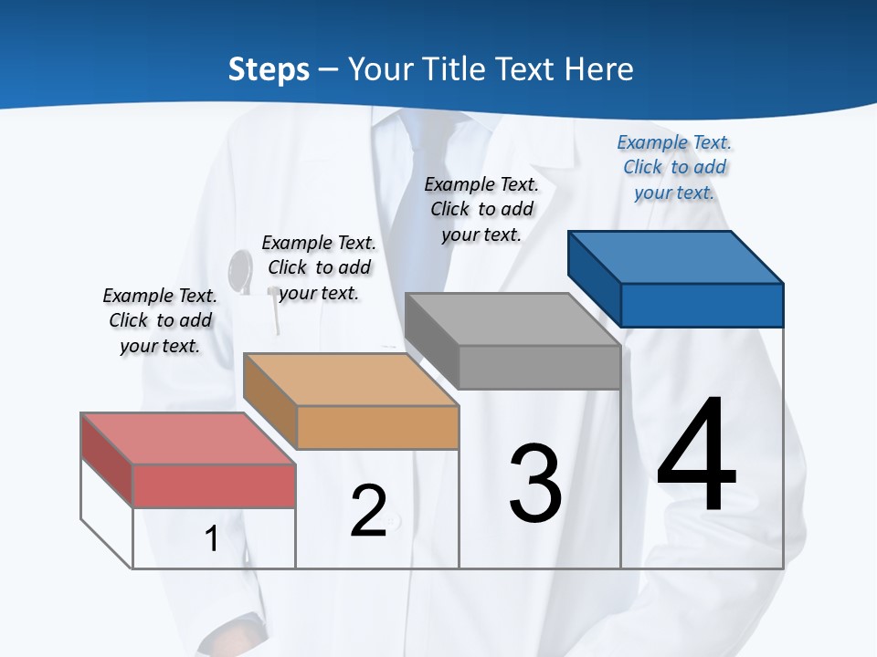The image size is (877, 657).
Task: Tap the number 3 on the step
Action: [x=535, y=483]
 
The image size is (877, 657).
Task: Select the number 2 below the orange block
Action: [x=369, y=511]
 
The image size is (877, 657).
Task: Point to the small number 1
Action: [x=212, y=539]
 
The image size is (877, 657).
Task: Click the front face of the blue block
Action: [x=702, y=305]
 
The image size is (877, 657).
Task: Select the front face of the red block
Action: [x=214, y=485]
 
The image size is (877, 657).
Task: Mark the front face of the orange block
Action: [x=377, y=427]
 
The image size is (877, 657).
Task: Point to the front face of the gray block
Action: [x=539, y=368]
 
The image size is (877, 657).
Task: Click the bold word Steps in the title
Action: [x=269, y=69]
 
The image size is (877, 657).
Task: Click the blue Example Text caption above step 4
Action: [x=674, y=167]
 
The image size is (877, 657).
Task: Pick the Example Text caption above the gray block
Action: [x=481, y=209]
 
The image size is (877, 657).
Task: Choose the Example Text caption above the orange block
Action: [x=319, y=267]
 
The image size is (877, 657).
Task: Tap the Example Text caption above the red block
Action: [x=160, y=320]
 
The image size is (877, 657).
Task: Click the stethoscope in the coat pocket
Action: [x=241, y=268]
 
